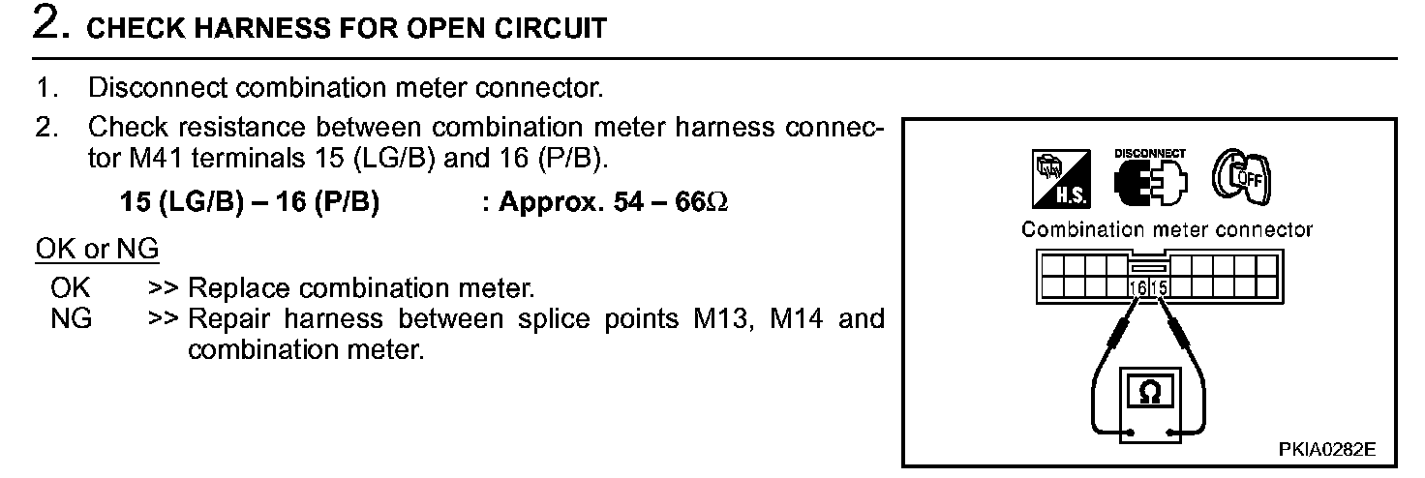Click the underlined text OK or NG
[97, 250]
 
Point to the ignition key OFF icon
[1238, 177]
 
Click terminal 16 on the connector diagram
[1137, 287]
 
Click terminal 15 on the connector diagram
[1158, 287]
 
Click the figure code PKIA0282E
[1326, 450]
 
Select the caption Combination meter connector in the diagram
[1167, 230]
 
